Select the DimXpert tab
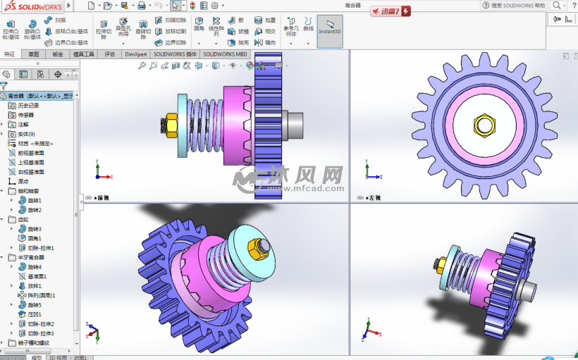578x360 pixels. coord(135,54)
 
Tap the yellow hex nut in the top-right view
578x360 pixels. coord(484,125)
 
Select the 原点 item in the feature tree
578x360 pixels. coord(23,181)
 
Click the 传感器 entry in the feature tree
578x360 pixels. coord(28,115)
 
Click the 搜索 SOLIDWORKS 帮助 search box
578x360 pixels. coord(517,5)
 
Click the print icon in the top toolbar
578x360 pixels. coord(141,6)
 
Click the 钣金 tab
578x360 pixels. coord(58,54)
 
